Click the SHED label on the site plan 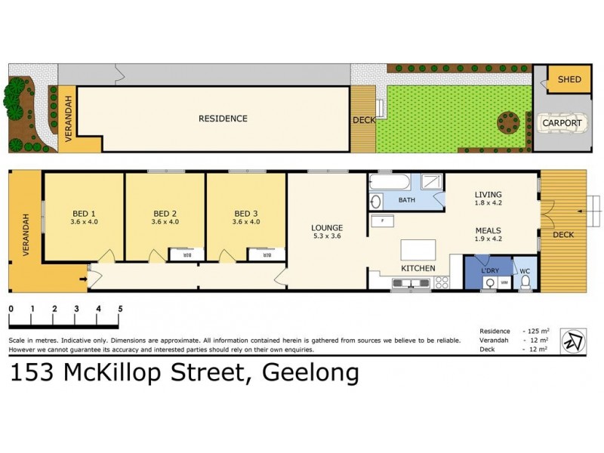(569, 79)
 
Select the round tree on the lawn (508, 122)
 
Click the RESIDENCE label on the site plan (223, 119)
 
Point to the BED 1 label (84, 213)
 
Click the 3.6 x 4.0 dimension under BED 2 (165, 222)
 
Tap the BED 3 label (247, 213)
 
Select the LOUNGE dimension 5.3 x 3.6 (327, 236)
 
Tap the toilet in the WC (526, 280)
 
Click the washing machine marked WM (504, 282)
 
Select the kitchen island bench (418, 250)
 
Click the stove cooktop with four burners (442, 282)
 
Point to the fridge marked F (383, 221)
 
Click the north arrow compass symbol (575, 342)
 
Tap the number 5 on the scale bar (120, 309)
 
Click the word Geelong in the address (310, 373)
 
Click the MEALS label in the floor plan (488, 231)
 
